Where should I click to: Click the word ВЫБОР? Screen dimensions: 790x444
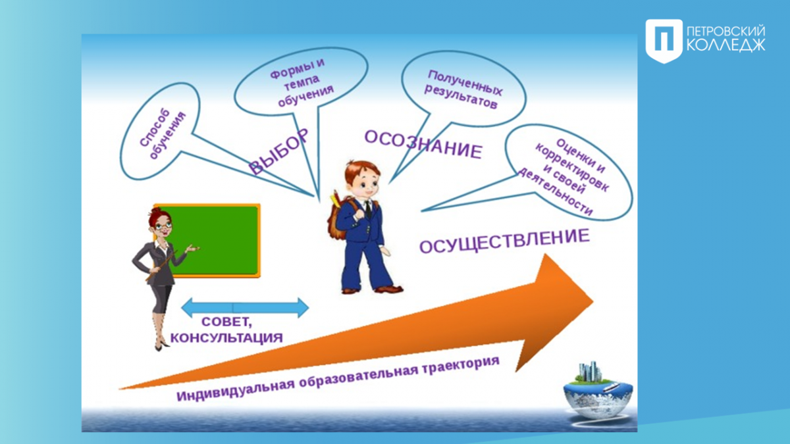pos(278,151)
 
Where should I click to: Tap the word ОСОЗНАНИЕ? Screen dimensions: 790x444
pos(423,145)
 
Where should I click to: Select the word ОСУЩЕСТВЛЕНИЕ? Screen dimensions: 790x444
pos(505,241)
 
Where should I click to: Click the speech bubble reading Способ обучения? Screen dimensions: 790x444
pos(160,132)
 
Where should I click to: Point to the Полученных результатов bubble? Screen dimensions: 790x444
pos(463,89)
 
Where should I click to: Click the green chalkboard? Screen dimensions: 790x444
pos(211,240)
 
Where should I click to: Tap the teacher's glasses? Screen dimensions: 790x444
pos(163,226)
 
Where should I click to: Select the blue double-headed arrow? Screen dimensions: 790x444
pos(245,308)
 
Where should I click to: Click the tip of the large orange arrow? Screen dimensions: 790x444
pos(593,302)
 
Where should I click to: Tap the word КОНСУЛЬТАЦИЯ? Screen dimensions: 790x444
pos(226,337)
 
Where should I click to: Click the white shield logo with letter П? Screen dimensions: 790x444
pos(664,41)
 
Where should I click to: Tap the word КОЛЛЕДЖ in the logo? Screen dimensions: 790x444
pos(726,46)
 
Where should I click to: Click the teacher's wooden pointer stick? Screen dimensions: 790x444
pos(161,266)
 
